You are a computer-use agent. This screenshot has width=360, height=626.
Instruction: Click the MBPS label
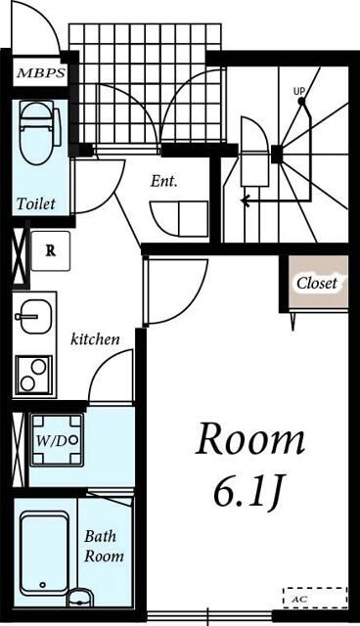41,73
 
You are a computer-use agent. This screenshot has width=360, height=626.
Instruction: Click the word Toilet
36,203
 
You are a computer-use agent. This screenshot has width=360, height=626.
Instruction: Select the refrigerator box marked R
50,251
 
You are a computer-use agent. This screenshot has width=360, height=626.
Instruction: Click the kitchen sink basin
35,317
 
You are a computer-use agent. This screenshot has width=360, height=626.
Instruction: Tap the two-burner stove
34,375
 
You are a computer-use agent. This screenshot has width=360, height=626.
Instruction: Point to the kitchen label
95,339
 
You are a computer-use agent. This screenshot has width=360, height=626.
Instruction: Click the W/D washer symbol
58,440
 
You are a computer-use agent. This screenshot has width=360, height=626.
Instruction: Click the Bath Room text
104,546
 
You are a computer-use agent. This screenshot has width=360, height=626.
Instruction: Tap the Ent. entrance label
163,182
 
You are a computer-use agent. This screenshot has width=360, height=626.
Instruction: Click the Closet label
317,283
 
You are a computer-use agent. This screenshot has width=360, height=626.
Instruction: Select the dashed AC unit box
315,598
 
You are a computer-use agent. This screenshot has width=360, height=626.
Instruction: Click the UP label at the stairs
299,91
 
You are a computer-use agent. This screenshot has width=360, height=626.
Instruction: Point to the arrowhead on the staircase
245,201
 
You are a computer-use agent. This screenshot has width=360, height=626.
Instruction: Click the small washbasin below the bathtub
80,598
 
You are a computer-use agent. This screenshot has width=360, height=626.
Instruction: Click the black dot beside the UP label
301,102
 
